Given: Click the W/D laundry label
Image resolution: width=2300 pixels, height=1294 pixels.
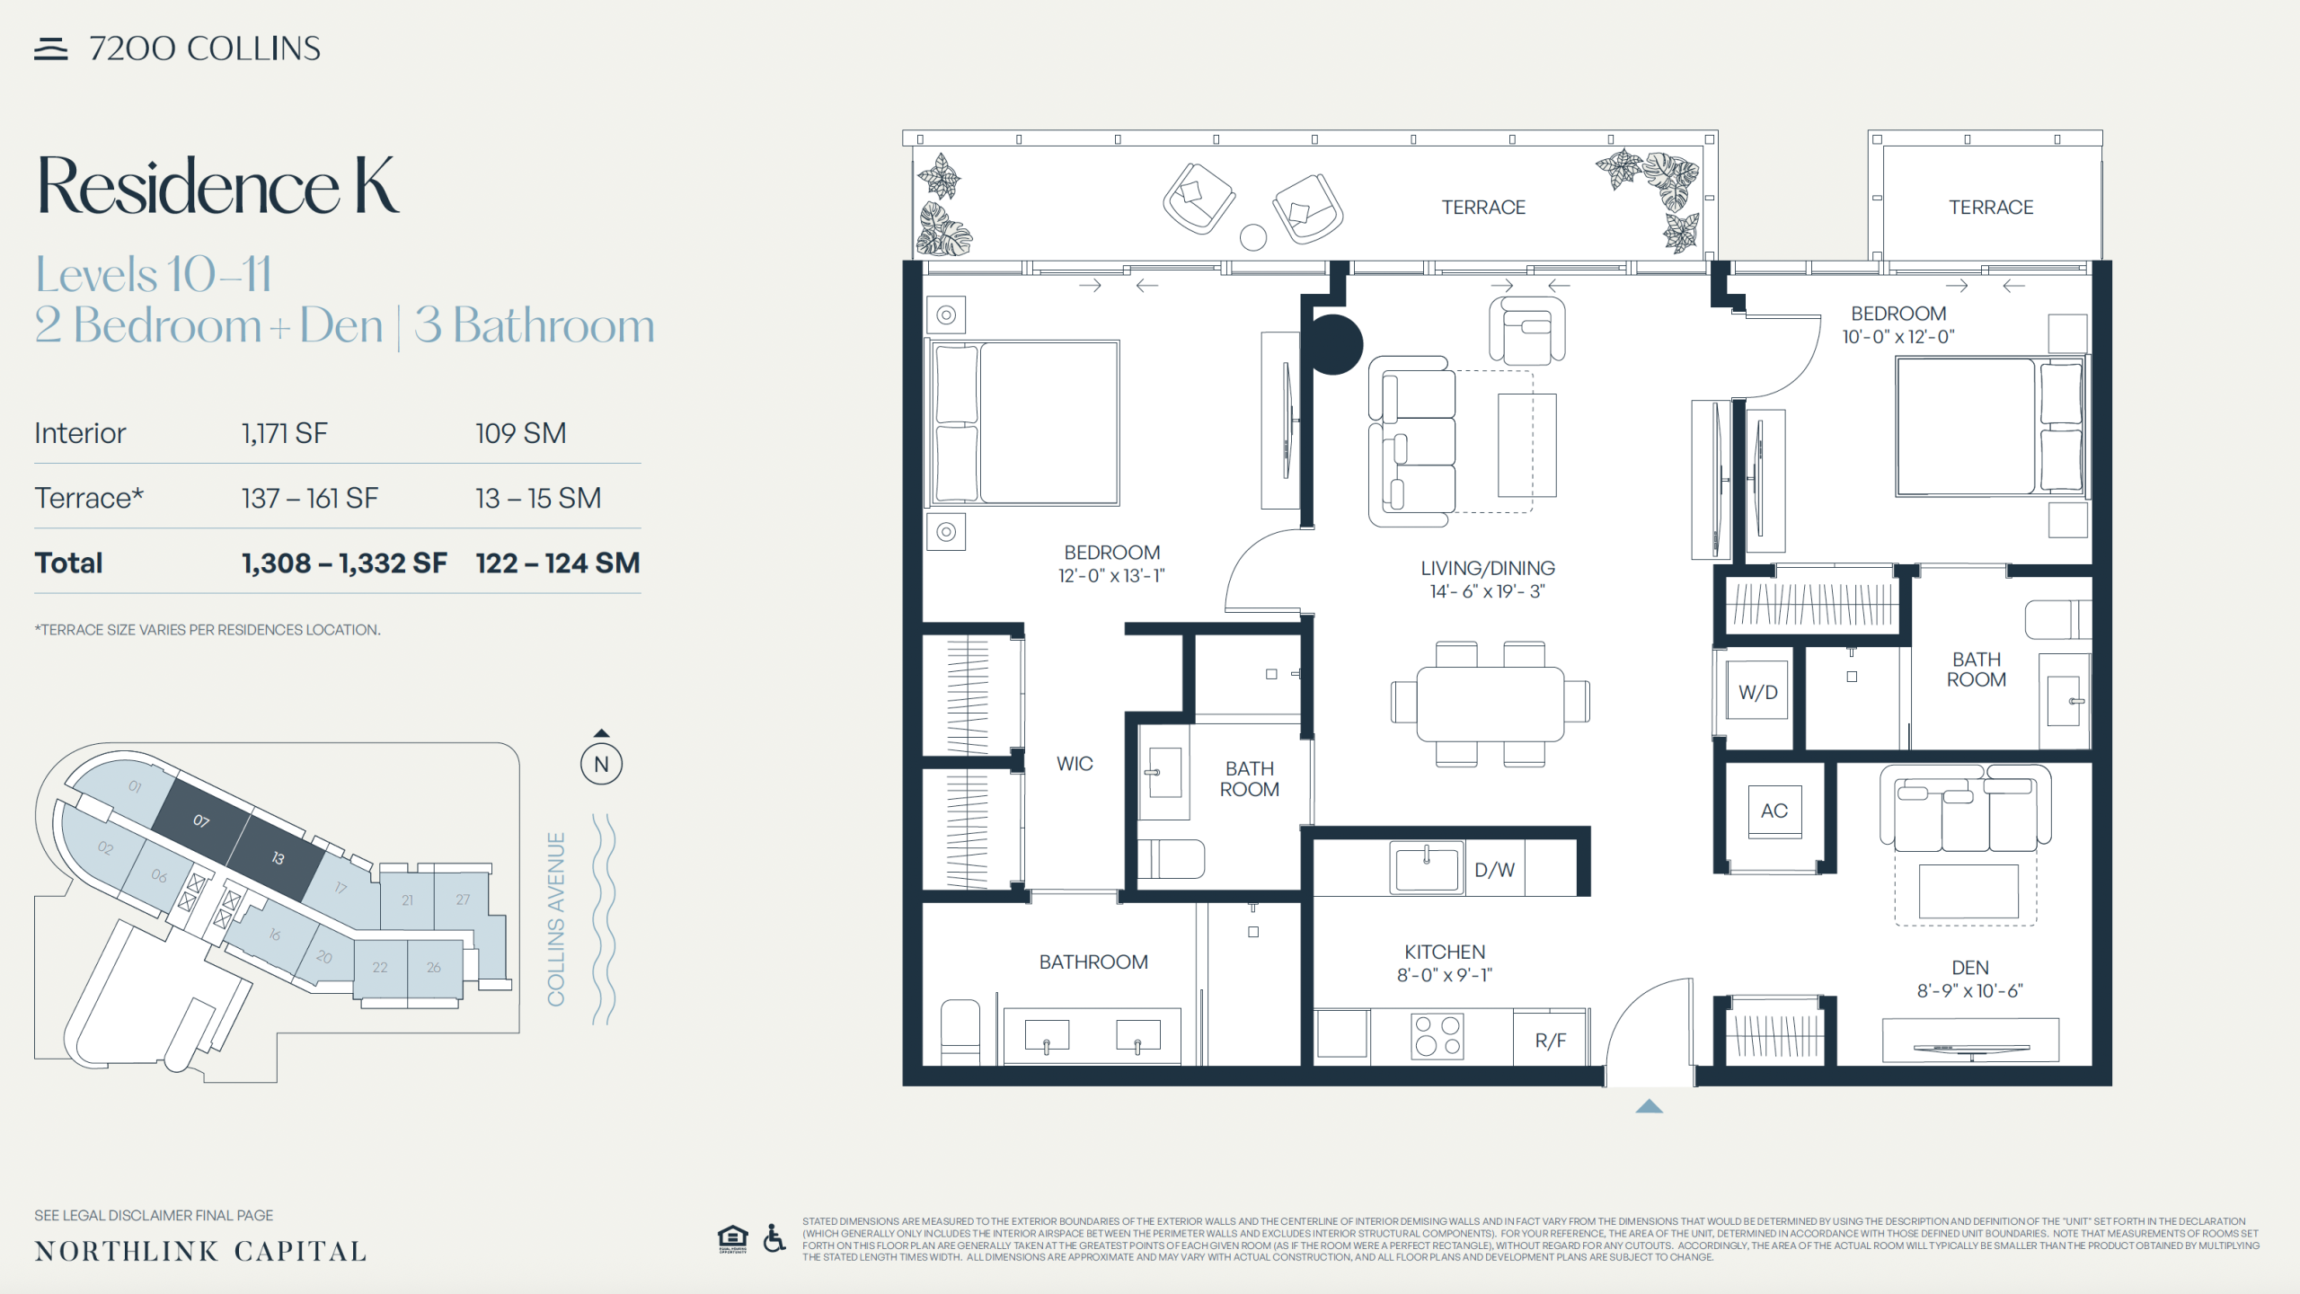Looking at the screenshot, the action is tap(1757, 693).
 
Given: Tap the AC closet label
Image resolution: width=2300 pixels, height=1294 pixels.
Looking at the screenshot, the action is tap(1774, 811).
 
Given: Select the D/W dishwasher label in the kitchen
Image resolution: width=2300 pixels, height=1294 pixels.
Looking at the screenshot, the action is tap(1494, 870).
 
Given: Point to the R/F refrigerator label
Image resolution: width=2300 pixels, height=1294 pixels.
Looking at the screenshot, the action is tap(1550, 1041).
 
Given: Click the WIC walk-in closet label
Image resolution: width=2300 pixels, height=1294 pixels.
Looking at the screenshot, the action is tap(1075, 764).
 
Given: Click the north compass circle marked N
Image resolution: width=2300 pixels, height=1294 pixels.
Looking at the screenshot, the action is tap(601, 765).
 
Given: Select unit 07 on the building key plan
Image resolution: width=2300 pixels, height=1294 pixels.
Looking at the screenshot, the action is tap(201, 820).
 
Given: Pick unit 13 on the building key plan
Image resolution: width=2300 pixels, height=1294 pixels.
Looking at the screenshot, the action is tap(278, 858).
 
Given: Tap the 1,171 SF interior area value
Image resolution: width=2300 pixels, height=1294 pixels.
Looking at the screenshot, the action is tap(284, 433).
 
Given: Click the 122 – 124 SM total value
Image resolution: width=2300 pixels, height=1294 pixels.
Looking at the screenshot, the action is tap(557, 563).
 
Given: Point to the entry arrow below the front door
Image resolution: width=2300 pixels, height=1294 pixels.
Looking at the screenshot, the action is tap(1649, 1106).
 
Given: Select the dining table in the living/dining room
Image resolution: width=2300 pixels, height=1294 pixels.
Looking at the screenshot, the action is tap(1491, 704).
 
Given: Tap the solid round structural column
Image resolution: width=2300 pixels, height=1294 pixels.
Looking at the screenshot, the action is tap(1333, 344).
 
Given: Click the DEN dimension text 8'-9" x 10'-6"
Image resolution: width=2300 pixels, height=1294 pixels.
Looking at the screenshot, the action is tap(1969, 991).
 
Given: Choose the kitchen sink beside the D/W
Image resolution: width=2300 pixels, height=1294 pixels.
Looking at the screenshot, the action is tap(1426, 868).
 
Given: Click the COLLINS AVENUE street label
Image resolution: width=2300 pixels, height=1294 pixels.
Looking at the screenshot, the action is tap(556, 919).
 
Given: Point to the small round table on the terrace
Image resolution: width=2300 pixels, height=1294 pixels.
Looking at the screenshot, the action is tap(1252, 237).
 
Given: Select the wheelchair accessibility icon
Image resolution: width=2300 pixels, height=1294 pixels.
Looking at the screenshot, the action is tap(774, 1238).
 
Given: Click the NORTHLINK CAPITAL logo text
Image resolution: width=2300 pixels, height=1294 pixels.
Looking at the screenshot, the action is tap(200, 1251).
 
